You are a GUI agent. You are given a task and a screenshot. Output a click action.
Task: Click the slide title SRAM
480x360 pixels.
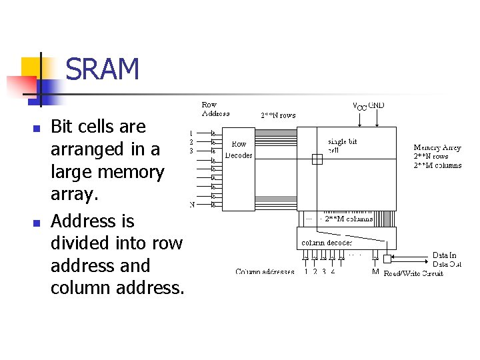[x=103, y=69]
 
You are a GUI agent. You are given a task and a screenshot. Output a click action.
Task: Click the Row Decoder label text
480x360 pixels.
[x=238, y=149]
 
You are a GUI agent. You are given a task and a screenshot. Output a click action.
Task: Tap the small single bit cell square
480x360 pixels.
[x=317, y=159]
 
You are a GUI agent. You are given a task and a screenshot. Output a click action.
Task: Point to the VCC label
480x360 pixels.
[x=359, y=106]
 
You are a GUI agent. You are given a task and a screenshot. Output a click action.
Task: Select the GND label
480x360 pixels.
[x=377, y=105]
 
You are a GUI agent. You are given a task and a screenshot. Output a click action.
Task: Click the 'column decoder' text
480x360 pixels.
[x=327, y=242]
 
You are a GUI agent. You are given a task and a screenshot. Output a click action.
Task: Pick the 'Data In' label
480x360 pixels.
[x=445, y=255]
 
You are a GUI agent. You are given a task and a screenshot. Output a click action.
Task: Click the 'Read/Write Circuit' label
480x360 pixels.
[x=413, y=273]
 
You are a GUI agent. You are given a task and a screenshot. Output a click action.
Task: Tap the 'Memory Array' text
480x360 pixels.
[x=437, y=147]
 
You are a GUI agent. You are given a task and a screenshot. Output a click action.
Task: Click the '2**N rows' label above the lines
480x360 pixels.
[x=278, y=115]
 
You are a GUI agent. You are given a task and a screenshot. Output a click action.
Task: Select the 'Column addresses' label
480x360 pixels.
[x=265, y=272]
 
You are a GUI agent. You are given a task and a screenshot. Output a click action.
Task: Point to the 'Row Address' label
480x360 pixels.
[x=215, y=109]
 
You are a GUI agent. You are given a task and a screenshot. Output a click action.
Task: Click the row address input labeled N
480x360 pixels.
[x=193, y=205]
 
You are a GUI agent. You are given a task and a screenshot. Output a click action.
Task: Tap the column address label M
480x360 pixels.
[x=375, y=272]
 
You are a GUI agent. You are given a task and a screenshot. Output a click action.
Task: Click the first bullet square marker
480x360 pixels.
[x=37, y=127]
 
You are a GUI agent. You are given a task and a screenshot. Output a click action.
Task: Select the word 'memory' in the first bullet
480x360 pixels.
[x=131, y=172]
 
